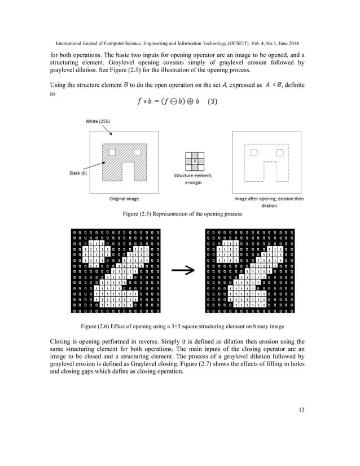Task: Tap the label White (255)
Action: [x=98, y=120]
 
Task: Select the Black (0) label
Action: [x=74, y=173]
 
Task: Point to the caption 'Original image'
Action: [x=124, y=199]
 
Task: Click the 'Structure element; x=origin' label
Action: [x=195, y=179]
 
